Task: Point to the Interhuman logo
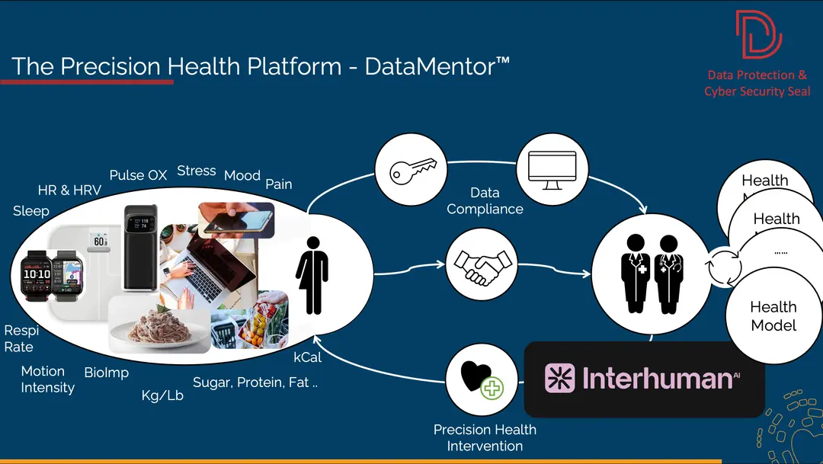coord(643,379)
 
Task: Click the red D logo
coord(758,35)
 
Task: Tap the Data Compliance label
coord(485,201)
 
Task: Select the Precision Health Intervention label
coord(485,437)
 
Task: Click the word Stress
coord(197,171)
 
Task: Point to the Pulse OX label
coord(138,174)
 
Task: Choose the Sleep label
coord(31,211)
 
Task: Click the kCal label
coord(308,357)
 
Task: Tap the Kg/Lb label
coord(162,395)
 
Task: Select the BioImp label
coord(107,373)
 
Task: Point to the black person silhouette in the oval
coord(312,274)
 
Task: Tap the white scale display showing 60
coord(99,241)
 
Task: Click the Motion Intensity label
coord(47,379)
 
